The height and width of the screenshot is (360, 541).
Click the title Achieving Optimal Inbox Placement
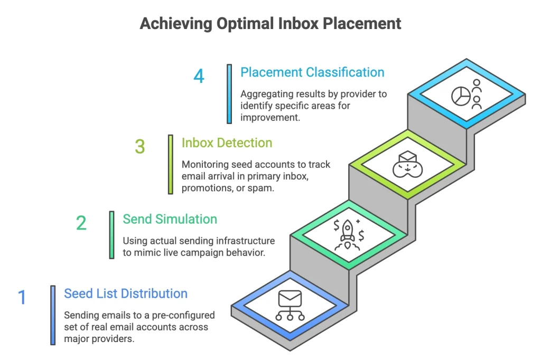tap(270, 24)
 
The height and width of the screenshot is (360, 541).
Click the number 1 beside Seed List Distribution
tap(22, 297)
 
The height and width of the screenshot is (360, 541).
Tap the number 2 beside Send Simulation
tap(81, 223)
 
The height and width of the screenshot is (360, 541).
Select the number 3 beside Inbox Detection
tap(139, 147)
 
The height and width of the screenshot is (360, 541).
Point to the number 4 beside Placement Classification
tap(199, 76)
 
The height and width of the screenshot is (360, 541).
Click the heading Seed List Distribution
tap(126, 293)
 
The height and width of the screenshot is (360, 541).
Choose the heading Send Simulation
tap(170, 219)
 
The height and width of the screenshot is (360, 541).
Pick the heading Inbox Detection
tap(227, 143)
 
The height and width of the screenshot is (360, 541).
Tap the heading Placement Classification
tap(312, 72)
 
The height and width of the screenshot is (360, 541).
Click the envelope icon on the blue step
tap(290, 300)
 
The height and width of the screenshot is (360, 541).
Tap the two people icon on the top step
tap(477, 93)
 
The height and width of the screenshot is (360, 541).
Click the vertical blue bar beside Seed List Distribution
tap(53, 315)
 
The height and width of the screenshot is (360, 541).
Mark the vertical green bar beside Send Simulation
tap(111, 234)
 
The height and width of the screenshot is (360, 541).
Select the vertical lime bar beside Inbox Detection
tap(170, 163)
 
